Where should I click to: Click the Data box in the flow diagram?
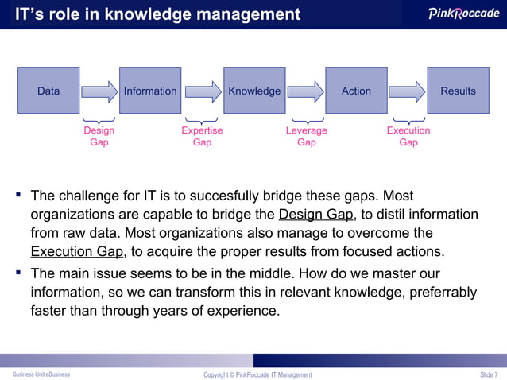[48, 91]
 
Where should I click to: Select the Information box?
[150, 91]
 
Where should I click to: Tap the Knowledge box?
[254, 91]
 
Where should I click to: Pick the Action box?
[356, 91]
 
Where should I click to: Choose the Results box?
[458, 91]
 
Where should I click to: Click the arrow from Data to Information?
[99, 91]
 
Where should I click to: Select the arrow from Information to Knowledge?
[202, 91]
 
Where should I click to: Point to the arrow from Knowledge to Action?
[305, 91]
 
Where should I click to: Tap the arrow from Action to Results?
[408, 91]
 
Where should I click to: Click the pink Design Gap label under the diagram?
[99, 136]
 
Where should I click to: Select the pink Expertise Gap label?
[202, 136]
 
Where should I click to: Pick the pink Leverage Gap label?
[306, 136]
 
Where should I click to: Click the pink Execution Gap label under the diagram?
[408, 136]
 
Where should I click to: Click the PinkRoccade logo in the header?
[463, 14]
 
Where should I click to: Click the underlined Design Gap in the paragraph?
[315, 215]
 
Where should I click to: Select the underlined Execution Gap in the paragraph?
[76, 252]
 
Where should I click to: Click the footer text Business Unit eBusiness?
[41, 374]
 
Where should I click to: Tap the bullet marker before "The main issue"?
[17, 273]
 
